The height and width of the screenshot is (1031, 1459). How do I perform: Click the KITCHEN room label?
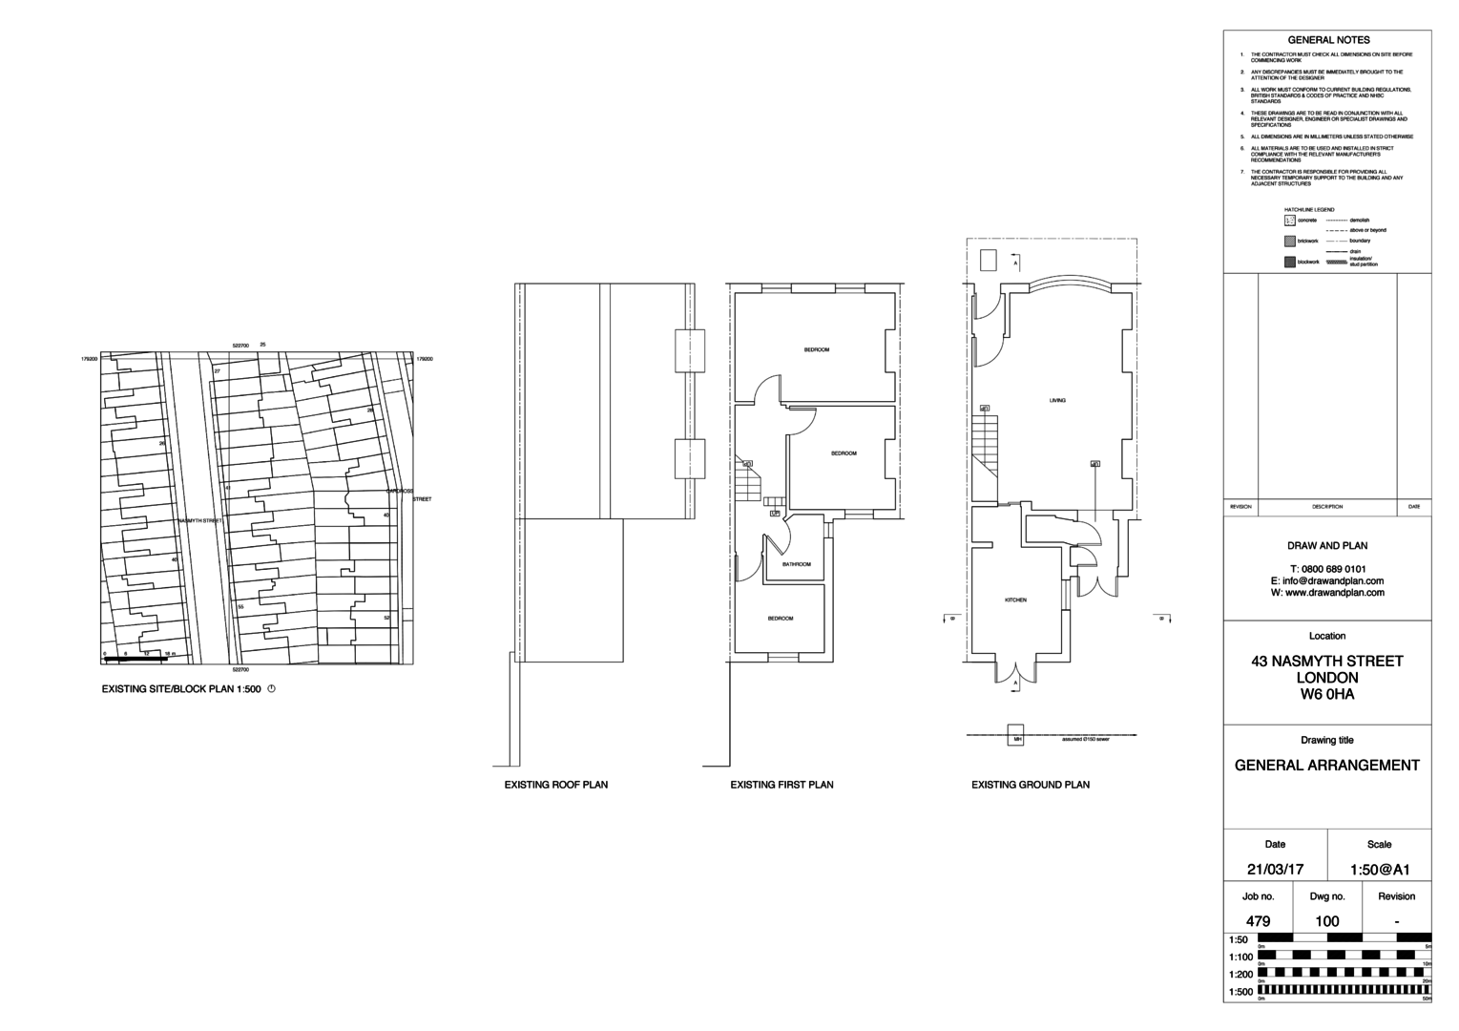(1015, 600)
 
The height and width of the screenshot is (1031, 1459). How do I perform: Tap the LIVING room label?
(1057, 400)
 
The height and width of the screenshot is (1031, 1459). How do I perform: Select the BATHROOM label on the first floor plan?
(796, 564)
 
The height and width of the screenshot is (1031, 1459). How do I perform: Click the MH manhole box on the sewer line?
(1017, 739)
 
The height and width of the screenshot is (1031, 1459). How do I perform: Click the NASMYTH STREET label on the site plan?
(199, 520)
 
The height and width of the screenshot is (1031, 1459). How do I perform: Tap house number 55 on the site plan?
(240, 607)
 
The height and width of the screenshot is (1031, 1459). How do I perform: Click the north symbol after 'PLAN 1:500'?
(272, 688)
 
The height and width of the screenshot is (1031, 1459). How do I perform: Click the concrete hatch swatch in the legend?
(1290, 221)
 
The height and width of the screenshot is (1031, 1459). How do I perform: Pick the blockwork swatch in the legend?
(1290, 262)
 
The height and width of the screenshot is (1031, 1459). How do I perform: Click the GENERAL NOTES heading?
(1328, 40)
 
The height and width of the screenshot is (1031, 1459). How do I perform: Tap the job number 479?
(1258, 921)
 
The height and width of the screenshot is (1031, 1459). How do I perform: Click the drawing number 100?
(1327, 921)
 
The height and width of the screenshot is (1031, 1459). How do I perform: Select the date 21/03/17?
(1275, 870)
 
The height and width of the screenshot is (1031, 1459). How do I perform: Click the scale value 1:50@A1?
(1379, 870)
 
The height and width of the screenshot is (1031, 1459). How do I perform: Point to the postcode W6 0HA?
(1327, 694)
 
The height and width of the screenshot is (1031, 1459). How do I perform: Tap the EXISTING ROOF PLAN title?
(555, 785)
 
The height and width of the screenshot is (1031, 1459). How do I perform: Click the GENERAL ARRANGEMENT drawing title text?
(1327, 765)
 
